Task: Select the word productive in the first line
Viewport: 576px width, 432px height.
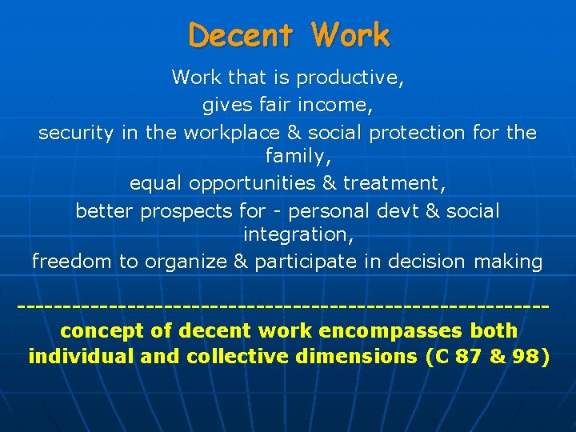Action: tap(349, 78)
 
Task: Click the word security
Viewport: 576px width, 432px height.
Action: tap(76, 132)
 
